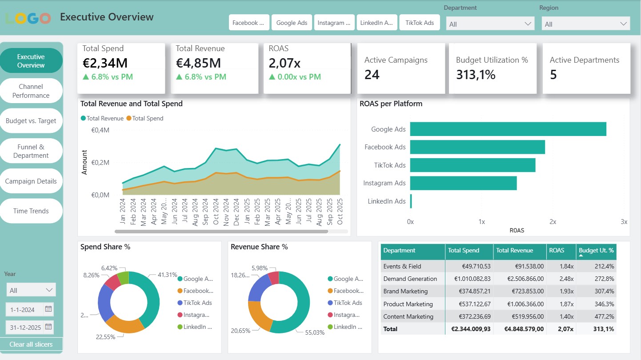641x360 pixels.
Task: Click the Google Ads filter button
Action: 292,23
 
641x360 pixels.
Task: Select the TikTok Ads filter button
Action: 420,23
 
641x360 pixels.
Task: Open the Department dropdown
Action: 490,24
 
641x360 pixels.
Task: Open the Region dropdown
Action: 585,24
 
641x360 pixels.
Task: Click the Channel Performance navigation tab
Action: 31,91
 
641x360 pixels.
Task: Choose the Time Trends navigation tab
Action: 31,211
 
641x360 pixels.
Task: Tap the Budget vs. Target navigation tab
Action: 31,121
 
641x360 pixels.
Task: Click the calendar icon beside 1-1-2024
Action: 48,309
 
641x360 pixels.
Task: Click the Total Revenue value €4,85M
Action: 198,63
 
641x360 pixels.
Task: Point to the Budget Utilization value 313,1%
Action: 476,75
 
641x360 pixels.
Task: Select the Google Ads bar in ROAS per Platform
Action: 508,129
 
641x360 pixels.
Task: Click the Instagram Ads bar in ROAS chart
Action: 463,183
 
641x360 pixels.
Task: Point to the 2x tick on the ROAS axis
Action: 553,222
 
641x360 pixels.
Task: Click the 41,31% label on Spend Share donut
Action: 167,275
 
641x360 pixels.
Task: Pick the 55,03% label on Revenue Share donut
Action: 315,332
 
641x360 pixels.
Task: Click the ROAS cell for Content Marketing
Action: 561,316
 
